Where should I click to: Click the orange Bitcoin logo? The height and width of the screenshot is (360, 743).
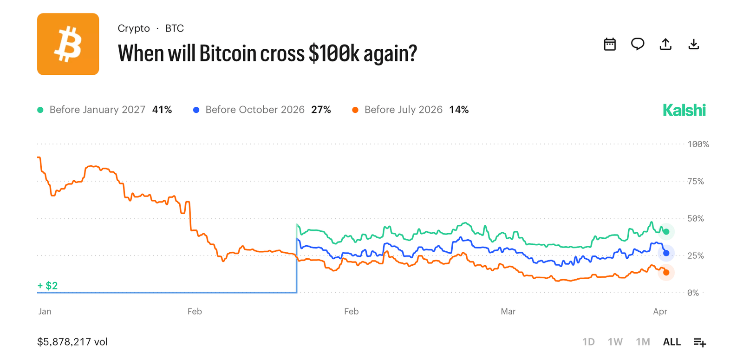pos(68,44)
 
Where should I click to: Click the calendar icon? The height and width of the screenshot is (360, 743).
pos(610,44)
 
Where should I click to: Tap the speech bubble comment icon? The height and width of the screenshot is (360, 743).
pos(638,44)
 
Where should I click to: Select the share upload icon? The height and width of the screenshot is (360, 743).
pos(665,44)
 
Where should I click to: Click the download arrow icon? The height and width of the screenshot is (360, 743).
pos(693,44)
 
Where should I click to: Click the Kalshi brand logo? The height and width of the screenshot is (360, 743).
pos(684,110)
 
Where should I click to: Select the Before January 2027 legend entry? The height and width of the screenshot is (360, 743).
pos(97,110)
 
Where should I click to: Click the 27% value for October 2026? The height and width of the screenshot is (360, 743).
pos(321,110)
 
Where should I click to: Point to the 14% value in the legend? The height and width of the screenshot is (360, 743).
pos(459,110)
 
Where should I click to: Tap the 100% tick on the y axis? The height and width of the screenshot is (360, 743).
pos(698,144)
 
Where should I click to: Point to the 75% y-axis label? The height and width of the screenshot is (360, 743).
pos(696,181)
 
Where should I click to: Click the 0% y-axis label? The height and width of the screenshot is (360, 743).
pos(693,293)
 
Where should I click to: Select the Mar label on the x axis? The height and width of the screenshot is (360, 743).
pos(508,311)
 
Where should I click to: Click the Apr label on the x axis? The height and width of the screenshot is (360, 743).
pos(660,311)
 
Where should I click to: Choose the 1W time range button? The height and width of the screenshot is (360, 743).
pos(615,342)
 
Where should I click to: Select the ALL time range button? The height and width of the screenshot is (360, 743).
pos(671,342)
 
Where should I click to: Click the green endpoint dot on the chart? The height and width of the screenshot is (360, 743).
pos(666,231)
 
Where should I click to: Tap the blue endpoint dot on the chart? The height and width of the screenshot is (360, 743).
pos(666,253)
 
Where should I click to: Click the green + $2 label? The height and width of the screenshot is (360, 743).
pos(47,286)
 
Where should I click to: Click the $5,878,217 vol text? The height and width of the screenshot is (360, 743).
pos(72,342)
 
